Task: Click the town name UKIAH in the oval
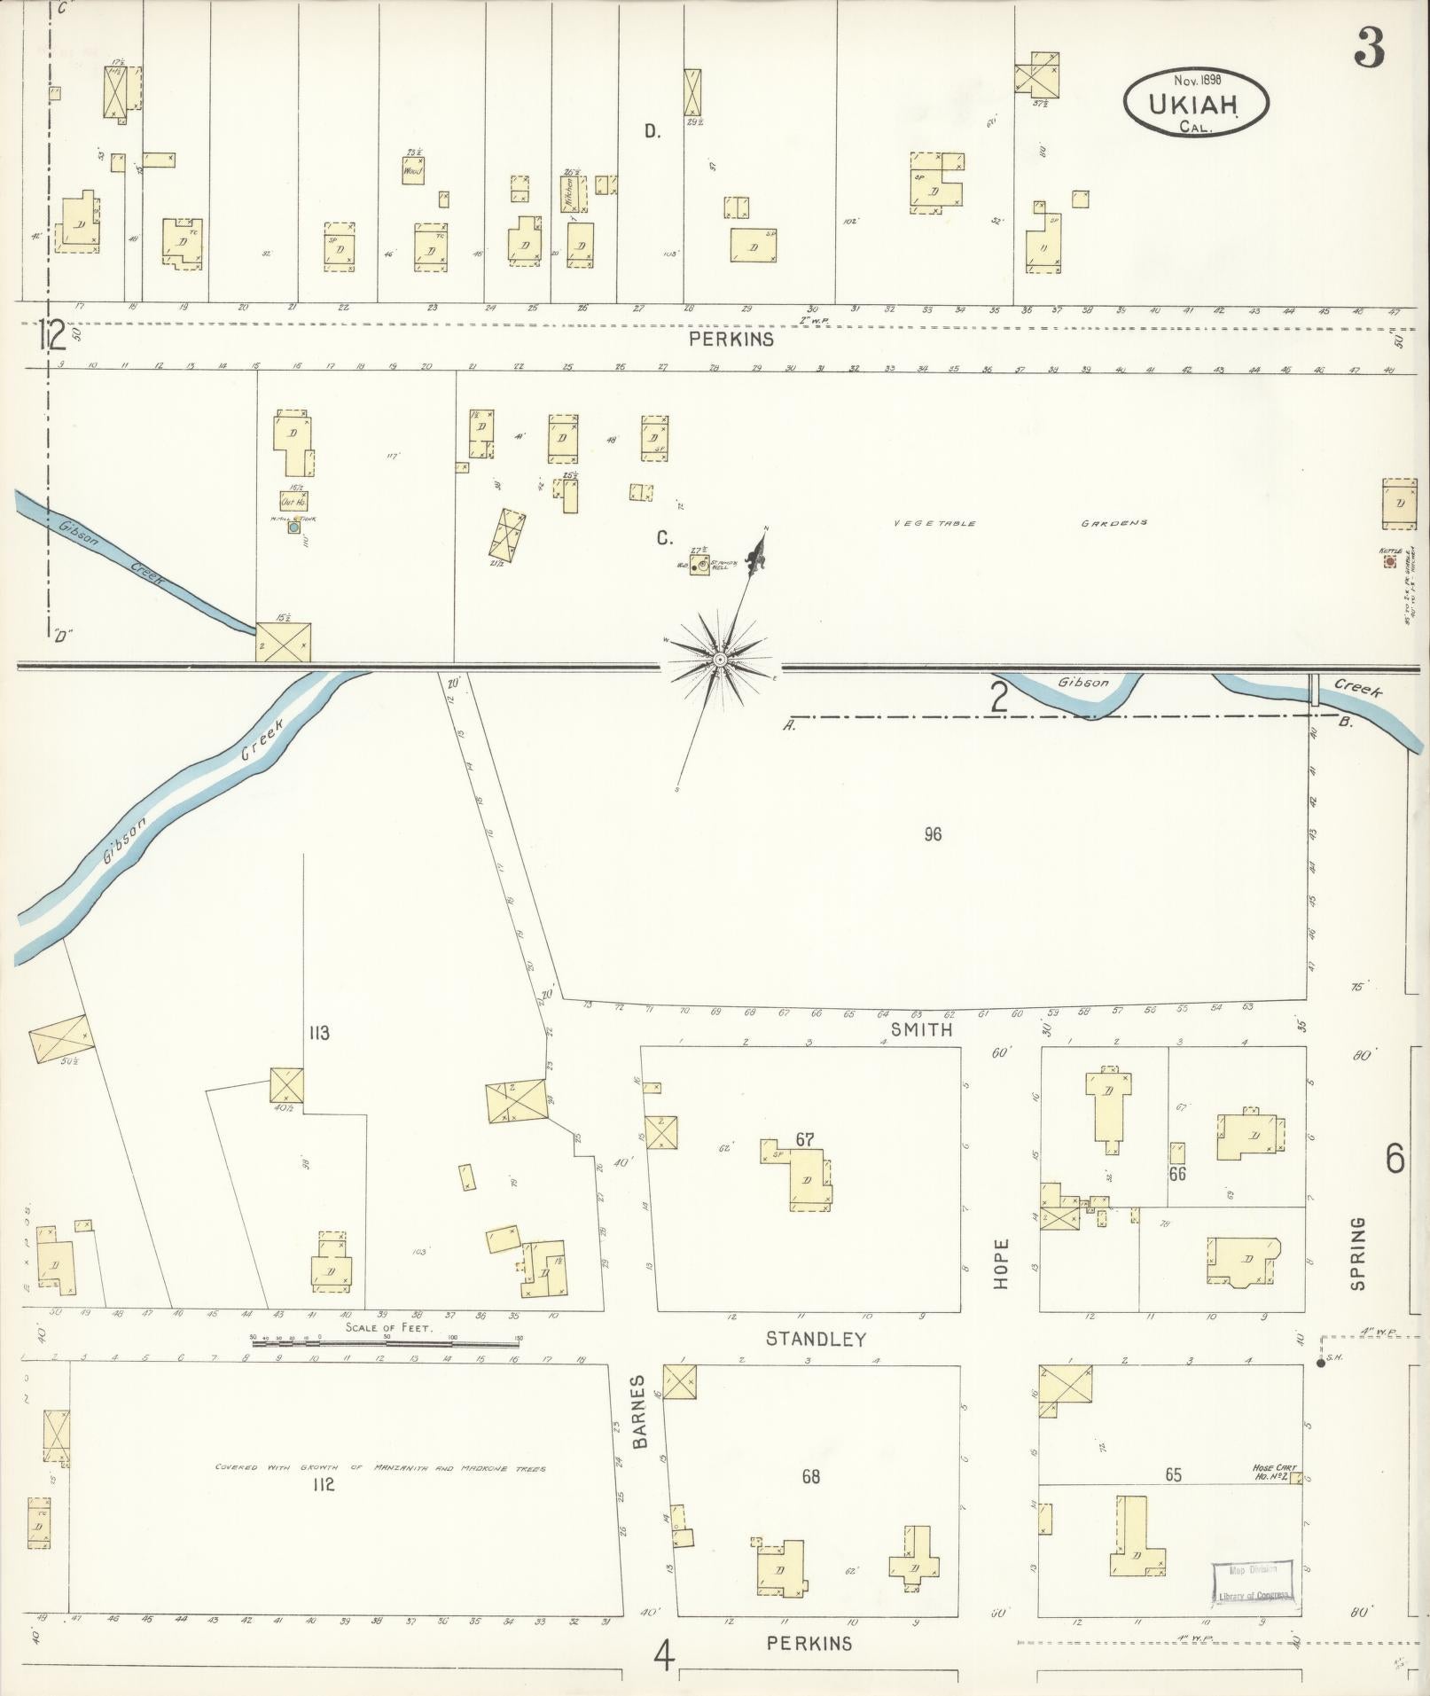[1194, 105]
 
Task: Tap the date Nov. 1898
[1197, 80]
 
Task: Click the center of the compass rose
[721, 660]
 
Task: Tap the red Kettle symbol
[1389, 561]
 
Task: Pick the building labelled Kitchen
[570, 191]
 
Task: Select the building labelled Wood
[412, 170]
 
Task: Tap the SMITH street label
[921, 1029]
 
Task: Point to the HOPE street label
[1001, 1263]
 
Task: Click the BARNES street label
[641, 1425]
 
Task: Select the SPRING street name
[1358, 1254]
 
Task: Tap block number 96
[932, 834]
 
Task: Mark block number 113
[319, 1033]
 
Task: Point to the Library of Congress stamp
[1252, 1581]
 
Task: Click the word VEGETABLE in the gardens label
[934, 524]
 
